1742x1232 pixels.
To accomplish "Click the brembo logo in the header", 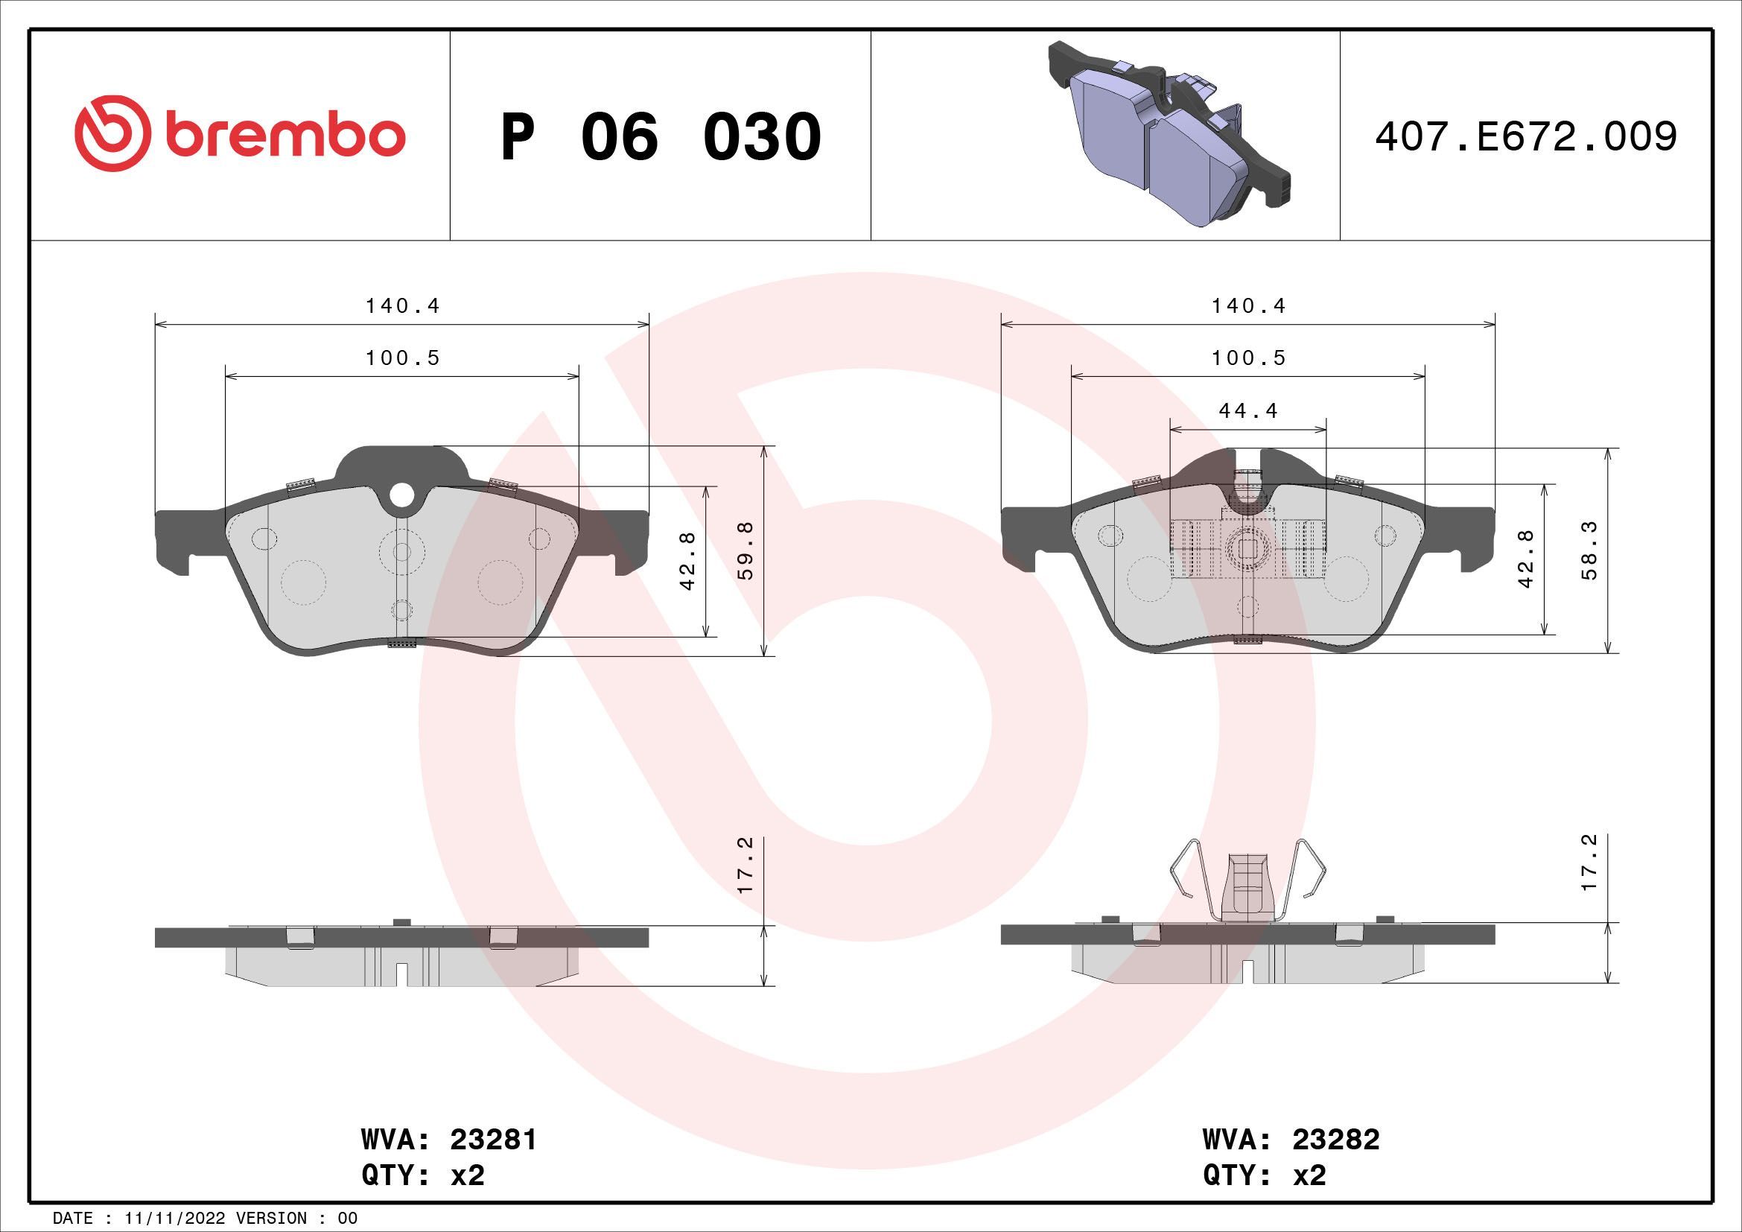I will (x=240, y=136).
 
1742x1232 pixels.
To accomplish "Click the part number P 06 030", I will (x=660, y=137).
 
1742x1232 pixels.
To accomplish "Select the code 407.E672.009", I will (x=1525, y=137).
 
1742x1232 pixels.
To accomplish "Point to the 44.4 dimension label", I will (x=1248, y=411).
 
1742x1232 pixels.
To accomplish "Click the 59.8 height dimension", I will (x=746, y=550).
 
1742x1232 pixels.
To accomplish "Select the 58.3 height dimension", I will (x=1589, y=550).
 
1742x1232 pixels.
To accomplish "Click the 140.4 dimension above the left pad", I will (x=402, y=306).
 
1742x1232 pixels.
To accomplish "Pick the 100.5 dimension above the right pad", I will (x=1248, y=358).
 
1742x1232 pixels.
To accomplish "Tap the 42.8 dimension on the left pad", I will (x=688, y=562).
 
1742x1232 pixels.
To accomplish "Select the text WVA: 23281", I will (x=448, y=1140).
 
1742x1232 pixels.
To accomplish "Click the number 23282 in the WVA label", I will (x=1336, y=1140).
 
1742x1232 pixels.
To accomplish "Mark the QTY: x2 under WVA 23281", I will (x=422, y=1176).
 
